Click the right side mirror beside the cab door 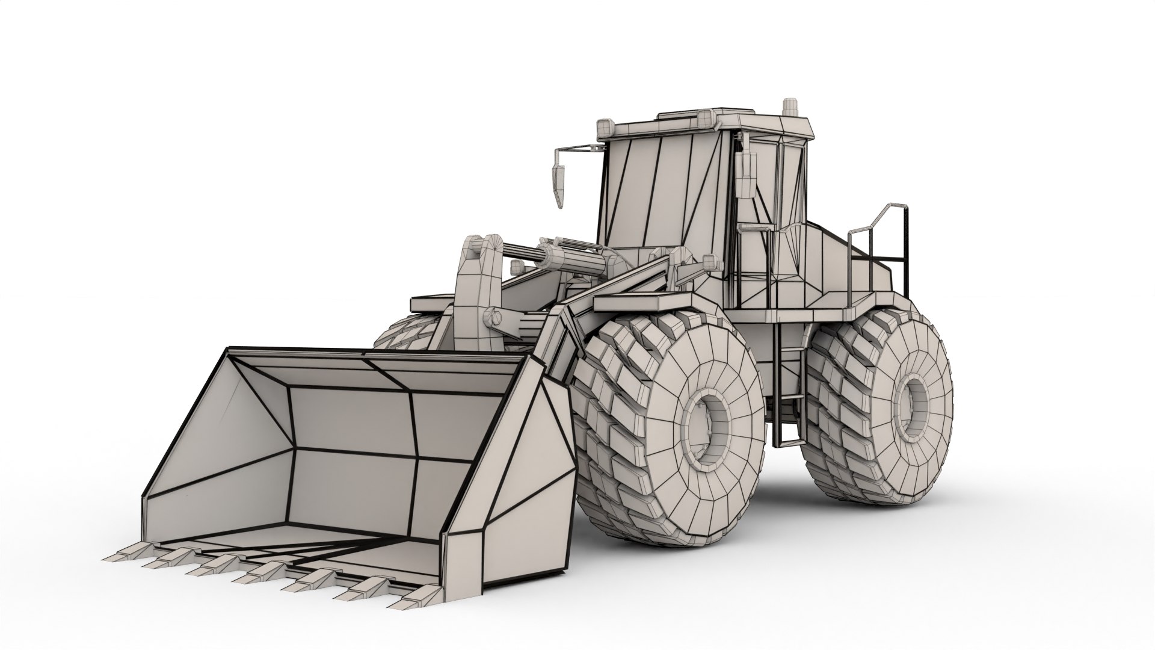tap(747, 175)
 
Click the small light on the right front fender tap(710, 262)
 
